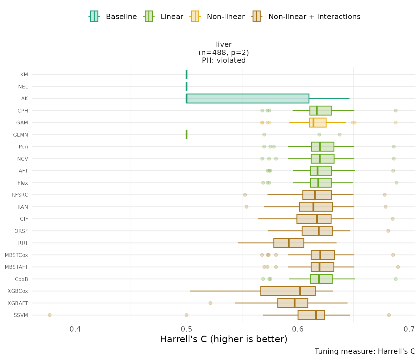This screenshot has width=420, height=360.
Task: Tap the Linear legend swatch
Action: pos(148,16)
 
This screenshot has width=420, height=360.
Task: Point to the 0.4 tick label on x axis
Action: pos(75,329)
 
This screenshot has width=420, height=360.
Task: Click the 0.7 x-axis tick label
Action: pos(409,329)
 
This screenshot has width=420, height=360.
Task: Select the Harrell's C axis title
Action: pos(223,339)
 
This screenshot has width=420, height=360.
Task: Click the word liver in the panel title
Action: pos(224,44)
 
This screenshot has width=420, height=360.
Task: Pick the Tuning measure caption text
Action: pos(365,351)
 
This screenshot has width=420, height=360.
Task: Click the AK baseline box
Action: pos(247,98)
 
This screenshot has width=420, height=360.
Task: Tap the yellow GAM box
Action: pos(318,122)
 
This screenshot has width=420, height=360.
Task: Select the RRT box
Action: pos(288,243)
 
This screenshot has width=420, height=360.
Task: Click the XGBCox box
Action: pos(288,291)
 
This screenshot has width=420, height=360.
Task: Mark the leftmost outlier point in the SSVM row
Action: pos(50,315)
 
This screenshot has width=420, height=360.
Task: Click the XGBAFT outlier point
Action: pos(210,303)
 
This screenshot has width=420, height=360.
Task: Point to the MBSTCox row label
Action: pos(16,255)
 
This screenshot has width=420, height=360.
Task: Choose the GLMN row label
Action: pos(21,135)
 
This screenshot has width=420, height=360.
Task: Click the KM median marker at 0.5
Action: pos(187,74)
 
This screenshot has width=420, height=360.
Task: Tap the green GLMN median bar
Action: pos(187,135)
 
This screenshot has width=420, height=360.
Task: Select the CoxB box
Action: pos(321,279)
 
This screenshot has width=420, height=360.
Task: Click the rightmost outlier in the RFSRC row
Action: pos(385,195)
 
